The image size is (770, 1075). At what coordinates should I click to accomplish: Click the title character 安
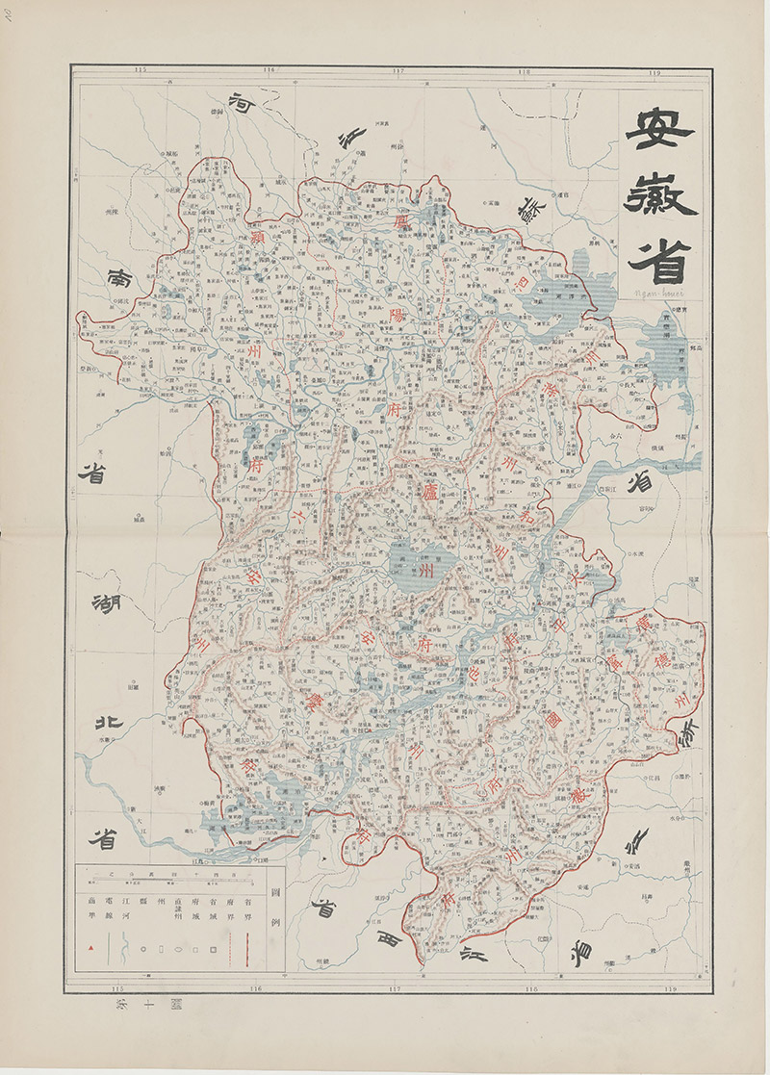tap(659, 130)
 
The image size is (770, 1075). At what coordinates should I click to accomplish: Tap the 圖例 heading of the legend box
tap(277, 906)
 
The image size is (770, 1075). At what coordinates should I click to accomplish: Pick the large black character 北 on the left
tap(103, 721)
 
